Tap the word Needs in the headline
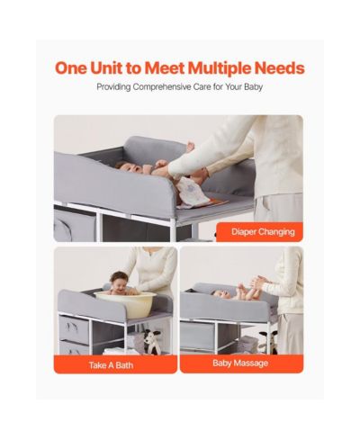(x=280, y=68)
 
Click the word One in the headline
(x=71, y=68)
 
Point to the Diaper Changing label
(x=263, y=232)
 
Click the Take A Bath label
(x=111, y=365)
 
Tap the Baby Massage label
(x=240, y=364)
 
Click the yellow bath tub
(x=125, y=304)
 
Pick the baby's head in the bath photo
(x=119, y=280)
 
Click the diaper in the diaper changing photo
(x=188, y=191)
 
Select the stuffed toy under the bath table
(x=152, y=341)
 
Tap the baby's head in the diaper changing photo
(x=126, y=168)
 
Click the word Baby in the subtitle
(x=254, y=87)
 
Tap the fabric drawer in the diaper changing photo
(x=74, y=226)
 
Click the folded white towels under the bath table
(x=114, y=351)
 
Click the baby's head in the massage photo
(x=219, y=293)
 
